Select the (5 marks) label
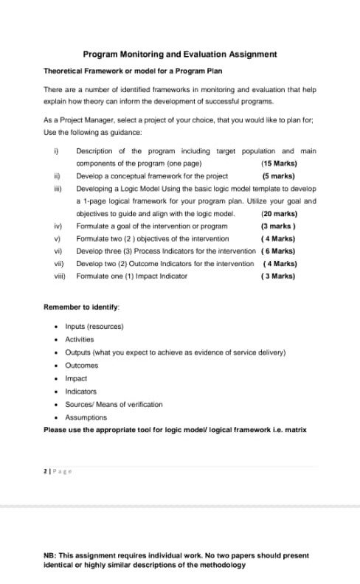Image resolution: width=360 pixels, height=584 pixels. tap(278, 176)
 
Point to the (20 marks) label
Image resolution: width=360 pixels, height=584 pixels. tap(279, 213)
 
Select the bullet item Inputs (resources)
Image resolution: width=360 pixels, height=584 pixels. tap(94, 326)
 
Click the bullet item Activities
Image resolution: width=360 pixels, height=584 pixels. tap(80, 339)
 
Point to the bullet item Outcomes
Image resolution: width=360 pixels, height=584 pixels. tap(82, 365)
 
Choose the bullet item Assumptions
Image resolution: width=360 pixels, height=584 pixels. tap(86, 417)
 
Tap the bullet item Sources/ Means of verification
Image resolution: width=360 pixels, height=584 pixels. tap(114, 404)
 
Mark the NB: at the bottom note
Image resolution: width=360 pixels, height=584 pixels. tap(52, 555)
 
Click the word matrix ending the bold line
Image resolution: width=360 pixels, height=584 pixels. tap(296, 429)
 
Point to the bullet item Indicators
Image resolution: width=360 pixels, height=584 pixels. tap(81, 392)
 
